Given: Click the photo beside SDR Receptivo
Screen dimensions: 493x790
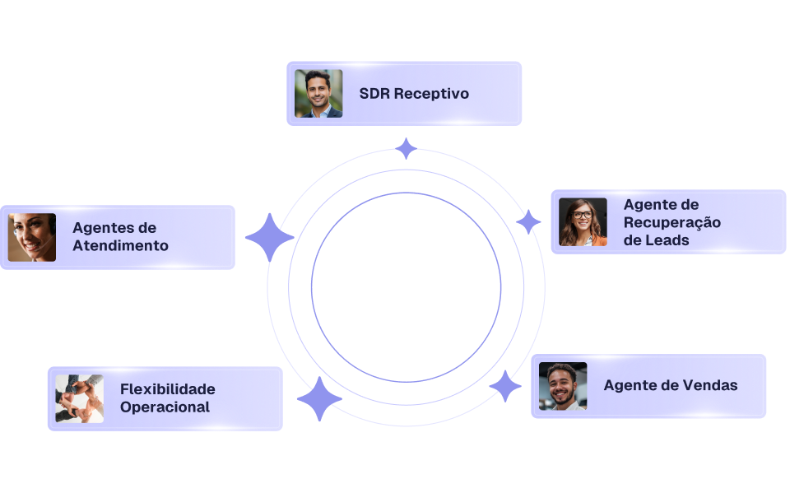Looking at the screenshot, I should (318, 93).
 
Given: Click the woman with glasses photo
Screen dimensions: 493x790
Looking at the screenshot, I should (583, 222).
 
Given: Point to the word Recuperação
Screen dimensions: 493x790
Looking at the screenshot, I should (671, 223).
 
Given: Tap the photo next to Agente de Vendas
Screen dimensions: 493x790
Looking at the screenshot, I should (563, 386).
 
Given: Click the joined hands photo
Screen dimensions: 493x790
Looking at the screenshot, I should (79, 398).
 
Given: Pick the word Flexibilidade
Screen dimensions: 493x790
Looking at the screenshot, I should (167, 389).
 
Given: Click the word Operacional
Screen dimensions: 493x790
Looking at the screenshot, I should (165, 407).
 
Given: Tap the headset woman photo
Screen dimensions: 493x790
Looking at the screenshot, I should (32, 237).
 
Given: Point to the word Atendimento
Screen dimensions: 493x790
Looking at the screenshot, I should (120, 246).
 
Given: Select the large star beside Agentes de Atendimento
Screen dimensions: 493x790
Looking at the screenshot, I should (269, 238).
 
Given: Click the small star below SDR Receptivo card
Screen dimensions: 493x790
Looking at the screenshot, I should (406, 149).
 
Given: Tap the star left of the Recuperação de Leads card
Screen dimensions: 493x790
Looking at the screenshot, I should (528, 221).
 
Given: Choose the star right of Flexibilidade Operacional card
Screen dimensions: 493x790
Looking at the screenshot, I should (319, 400).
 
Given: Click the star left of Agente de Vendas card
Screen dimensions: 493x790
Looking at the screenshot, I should (505, 386).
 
